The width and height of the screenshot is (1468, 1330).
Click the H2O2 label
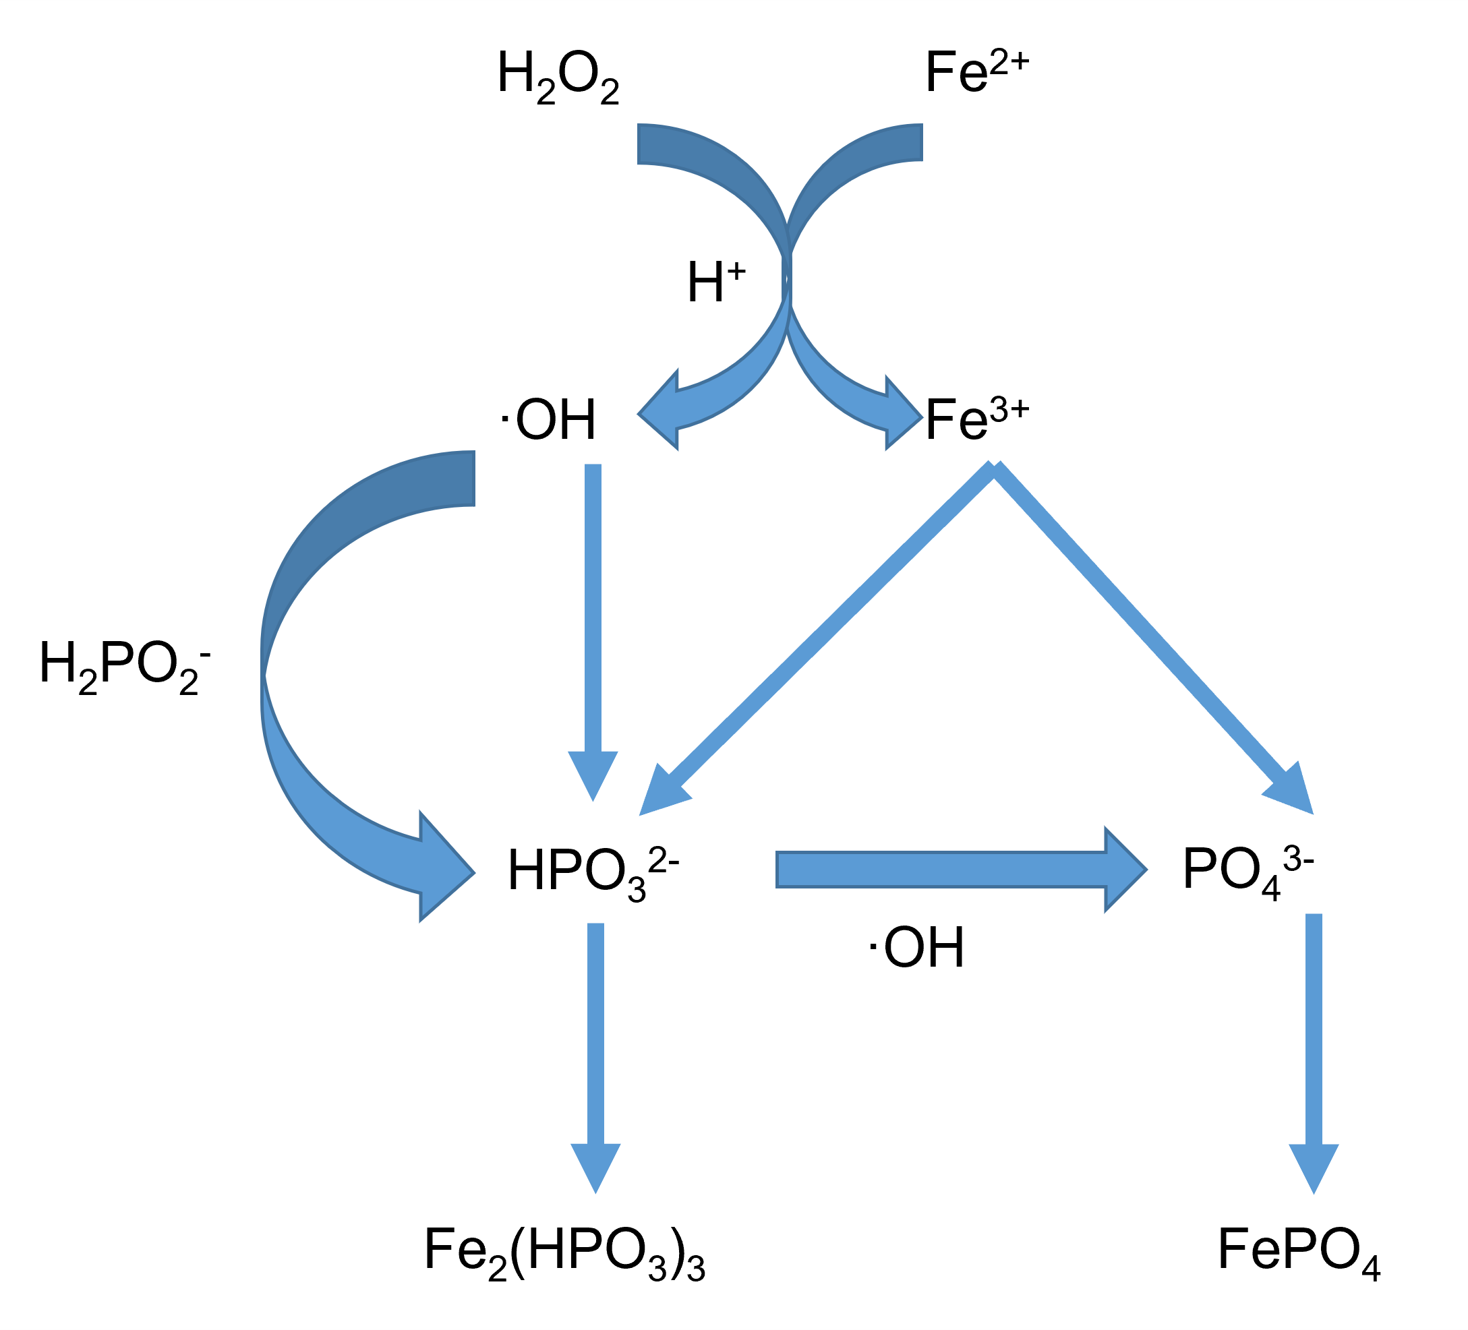(558, 76)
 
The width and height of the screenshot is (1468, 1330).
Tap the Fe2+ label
(976, 73)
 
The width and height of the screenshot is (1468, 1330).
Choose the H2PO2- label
(125, 666)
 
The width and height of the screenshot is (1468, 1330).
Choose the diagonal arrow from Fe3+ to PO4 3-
(1150, 634)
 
